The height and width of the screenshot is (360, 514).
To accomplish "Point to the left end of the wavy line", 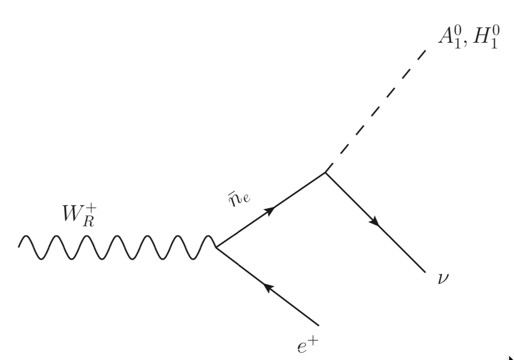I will (x=19, y=246).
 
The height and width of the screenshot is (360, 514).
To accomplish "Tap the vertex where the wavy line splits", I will (x=215, y=247).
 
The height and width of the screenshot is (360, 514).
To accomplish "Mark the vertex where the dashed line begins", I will (x=325, y=172).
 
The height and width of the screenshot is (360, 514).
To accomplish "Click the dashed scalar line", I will (x=376, y=110).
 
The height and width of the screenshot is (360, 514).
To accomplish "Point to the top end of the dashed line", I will (x=426, y=51).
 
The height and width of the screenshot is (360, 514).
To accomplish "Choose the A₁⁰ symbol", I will (x=448, y=37).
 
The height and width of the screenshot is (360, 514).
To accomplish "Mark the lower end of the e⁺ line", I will (x=317, y=326).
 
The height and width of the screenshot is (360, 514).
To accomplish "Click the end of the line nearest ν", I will (x=426, y=272).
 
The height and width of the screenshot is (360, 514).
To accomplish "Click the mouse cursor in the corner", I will (x=510, y=357).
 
